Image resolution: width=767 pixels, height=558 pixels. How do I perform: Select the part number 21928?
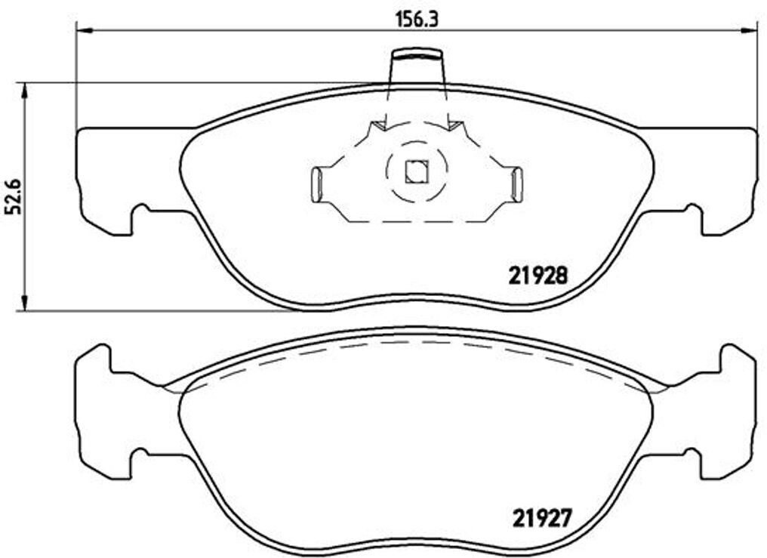pos(537,276)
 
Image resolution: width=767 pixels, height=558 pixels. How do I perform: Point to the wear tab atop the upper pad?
pos(417,68)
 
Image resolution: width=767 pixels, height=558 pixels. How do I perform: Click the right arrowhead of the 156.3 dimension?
pos(750,31)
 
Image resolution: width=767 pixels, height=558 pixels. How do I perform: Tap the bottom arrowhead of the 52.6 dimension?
pos(25,303)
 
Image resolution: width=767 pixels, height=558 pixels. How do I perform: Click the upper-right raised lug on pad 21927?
pos(733,356)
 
